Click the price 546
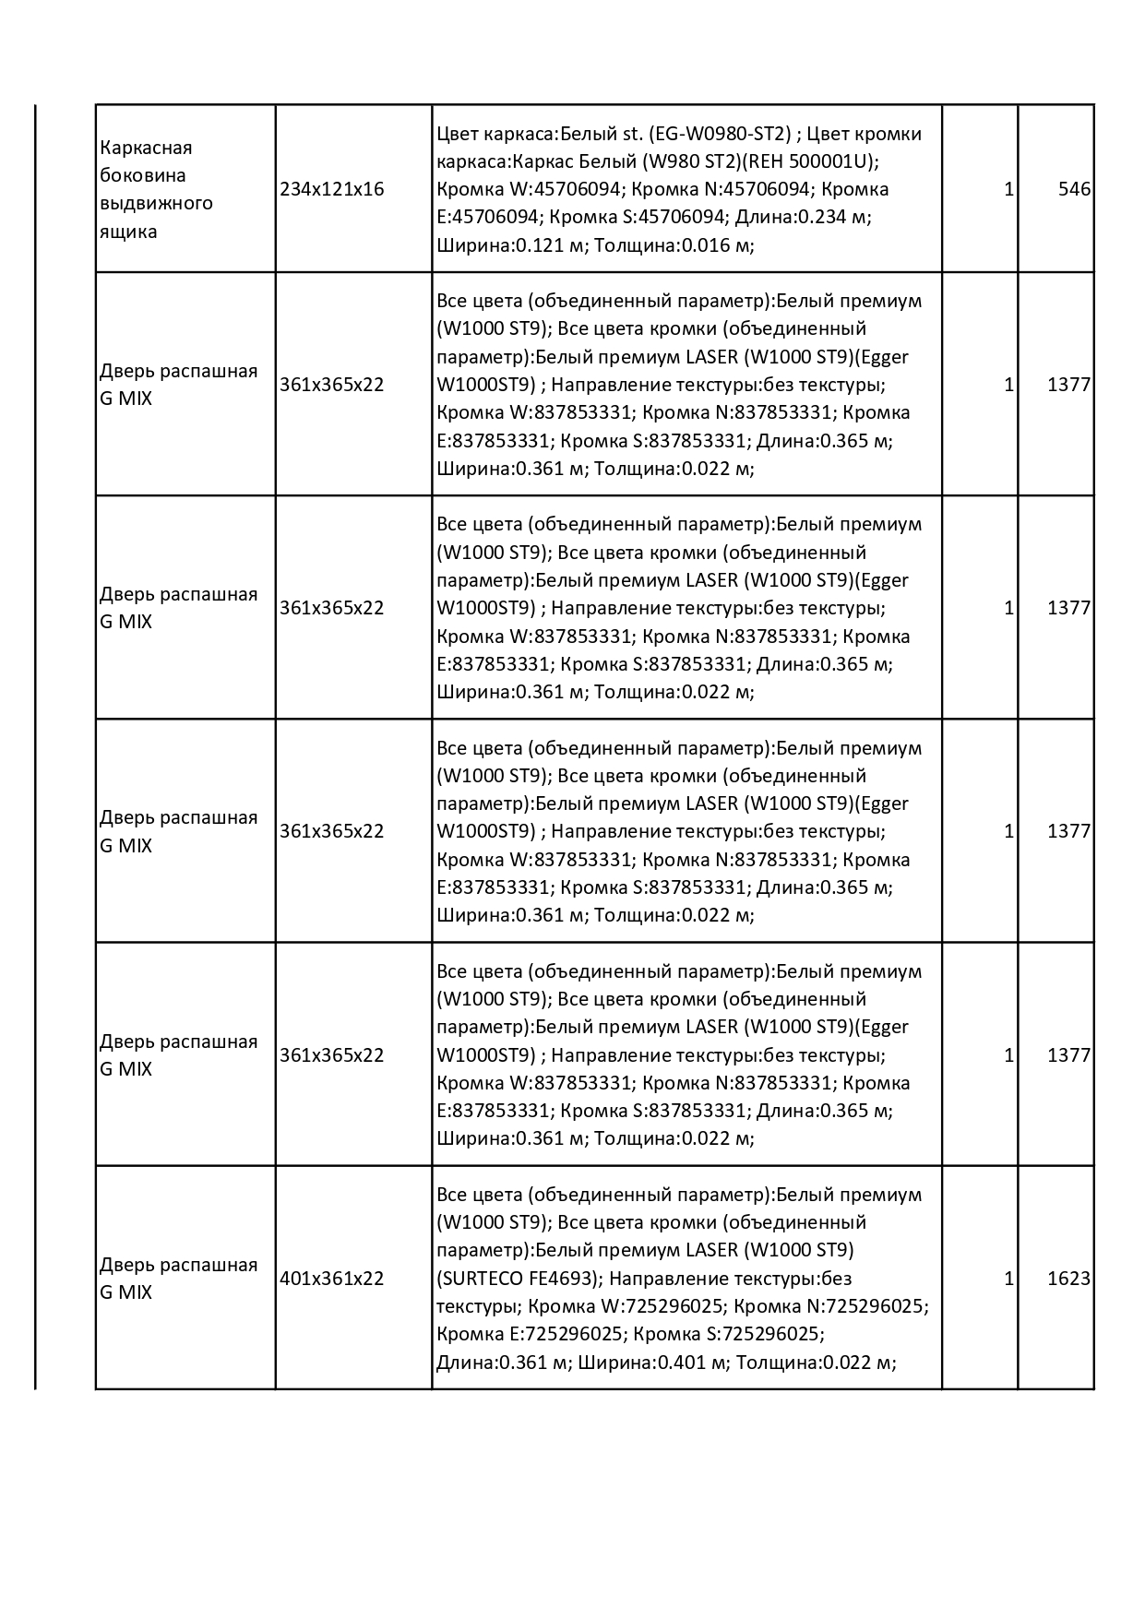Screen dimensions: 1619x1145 1074,189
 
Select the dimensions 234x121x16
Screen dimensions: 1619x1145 331,189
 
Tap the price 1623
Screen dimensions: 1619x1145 1068,1279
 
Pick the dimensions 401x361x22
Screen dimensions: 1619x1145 331,1279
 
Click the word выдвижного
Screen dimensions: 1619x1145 156,203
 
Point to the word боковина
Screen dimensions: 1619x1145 143,175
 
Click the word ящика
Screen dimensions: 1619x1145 128,231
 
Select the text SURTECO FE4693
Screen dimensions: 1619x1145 520,1279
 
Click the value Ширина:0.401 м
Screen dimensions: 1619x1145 653,1363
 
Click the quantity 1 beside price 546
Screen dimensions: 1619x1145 1008,189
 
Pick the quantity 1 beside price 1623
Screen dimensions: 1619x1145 1008,1279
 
